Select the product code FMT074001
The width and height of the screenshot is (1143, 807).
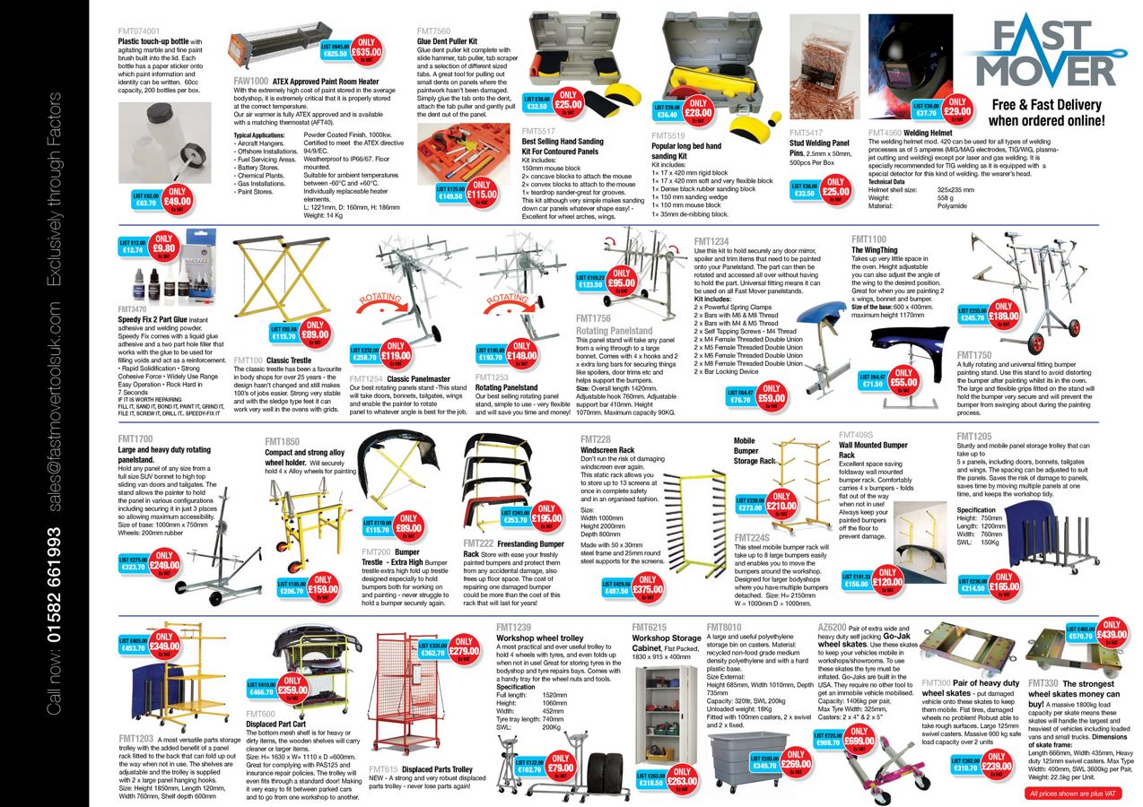[x=140, y=30]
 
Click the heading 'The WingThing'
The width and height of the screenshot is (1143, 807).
[x=879, y=250]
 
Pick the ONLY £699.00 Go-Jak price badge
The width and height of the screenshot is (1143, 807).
[x=859, y=739]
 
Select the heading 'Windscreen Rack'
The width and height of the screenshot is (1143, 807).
[x=607, y=449]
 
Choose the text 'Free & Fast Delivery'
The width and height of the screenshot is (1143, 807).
[x=1045, y=104]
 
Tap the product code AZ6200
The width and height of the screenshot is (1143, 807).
[x=831, y=626]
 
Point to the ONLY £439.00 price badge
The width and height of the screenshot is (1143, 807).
[x=1110, y=632]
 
